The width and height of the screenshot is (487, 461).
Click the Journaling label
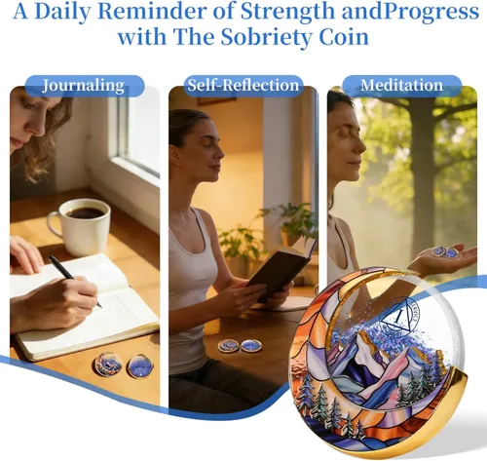(x=84, y=86)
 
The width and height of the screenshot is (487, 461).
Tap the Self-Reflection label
(x=243, y=85)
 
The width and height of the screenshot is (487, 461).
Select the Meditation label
(x=401, y=85)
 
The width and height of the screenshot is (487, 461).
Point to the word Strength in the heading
(x=287, y=11)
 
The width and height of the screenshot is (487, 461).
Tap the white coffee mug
(x=80, y=226)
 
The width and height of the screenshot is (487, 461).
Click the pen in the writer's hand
(x=75, y=281)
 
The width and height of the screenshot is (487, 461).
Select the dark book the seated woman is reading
(x=281, y=269)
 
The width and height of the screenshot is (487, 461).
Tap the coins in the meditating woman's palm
(x=445, y=251)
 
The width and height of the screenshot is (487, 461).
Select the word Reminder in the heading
(x=152, y=11)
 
